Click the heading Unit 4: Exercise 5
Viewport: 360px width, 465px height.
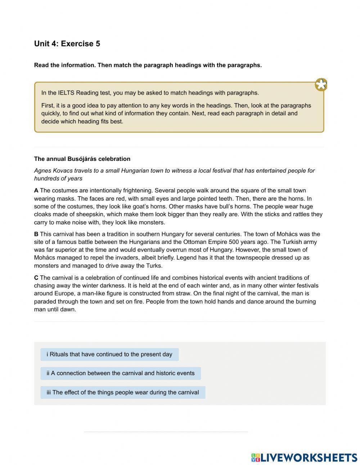67,44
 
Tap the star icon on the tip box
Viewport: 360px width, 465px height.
321,85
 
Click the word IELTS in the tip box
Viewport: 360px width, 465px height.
67,93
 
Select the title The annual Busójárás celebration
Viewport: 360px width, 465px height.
82,159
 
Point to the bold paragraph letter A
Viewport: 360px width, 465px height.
36,191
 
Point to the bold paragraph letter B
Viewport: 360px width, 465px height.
36,234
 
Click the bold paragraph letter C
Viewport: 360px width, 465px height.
36,278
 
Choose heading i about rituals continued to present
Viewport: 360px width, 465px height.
109,354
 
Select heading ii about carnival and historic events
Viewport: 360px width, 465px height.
121,373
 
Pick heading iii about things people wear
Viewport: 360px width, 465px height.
123,392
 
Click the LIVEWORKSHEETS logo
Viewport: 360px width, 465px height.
304,457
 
